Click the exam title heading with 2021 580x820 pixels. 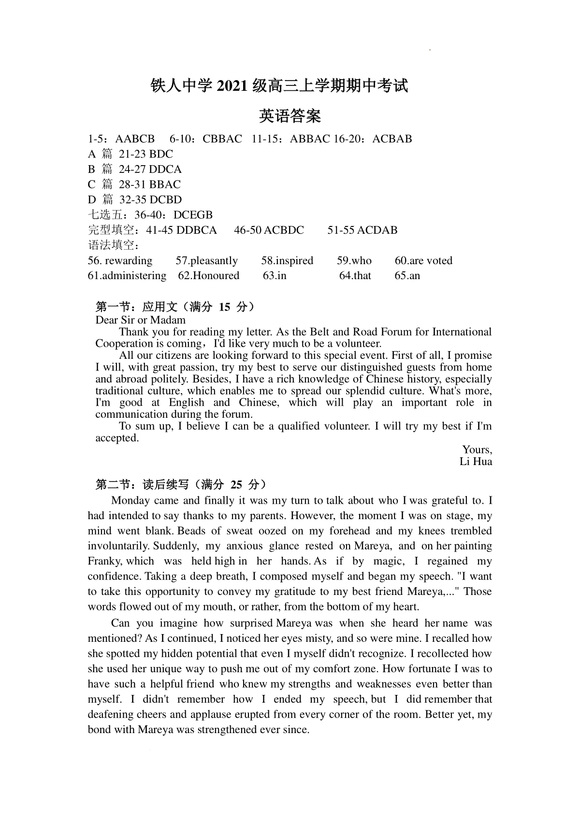[279, 86]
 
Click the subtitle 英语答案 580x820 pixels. [290, 116]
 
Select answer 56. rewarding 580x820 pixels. [120, 261]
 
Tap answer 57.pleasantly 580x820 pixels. [207, 261]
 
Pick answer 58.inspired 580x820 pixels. [287, 261]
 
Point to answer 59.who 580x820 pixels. [354, 261]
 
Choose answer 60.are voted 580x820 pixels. [423, 261]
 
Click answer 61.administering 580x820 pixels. [127, 276]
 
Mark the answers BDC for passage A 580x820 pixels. [161, 154]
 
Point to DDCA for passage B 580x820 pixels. [165, 169]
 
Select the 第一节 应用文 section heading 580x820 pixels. [175, 307]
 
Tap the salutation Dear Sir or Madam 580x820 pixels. [141, 320]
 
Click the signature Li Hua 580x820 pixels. [476, 461]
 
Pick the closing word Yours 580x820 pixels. [477, 450]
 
